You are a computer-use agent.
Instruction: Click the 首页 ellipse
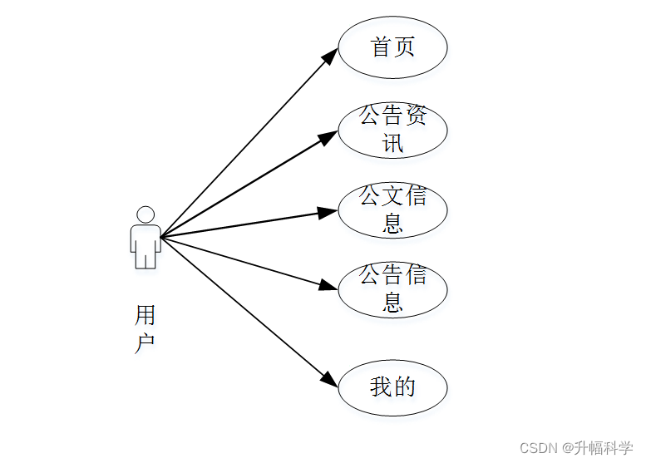(392, 47)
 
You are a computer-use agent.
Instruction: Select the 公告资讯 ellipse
(392, 130)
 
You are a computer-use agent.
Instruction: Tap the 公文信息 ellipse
(392, 209)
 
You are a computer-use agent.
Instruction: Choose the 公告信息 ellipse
(392, 288)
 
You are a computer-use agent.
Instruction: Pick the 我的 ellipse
(392, 387)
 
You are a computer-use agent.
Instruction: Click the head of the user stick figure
(145, 214)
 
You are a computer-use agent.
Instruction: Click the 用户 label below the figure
(145, 328)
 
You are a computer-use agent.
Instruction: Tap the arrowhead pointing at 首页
(328, 56)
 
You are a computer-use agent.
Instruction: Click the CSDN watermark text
(538, 448)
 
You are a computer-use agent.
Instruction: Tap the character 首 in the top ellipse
(381, 47)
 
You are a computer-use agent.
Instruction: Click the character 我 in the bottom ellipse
(381, 387)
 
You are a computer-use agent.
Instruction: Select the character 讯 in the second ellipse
(392, 143)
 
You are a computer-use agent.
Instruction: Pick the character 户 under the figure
(145, 342)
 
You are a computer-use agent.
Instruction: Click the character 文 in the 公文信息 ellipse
(392, 197)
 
